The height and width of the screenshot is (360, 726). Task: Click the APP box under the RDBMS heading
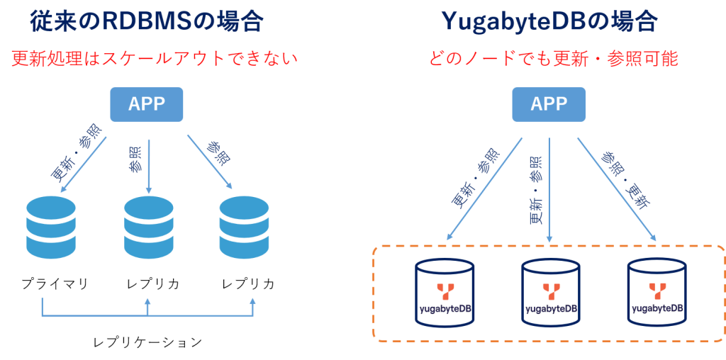147,104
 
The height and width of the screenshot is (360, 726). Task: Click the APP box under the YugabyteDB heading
549,104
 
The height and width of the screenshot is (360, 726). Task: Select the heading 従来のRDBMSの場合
147,21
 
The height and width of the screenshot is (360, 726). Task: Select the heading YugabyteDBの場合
549,21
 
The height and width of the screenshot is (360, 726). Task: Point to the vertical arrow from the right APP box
549,198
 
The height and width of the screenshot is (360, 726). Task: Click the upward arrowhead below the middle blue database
147,301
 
